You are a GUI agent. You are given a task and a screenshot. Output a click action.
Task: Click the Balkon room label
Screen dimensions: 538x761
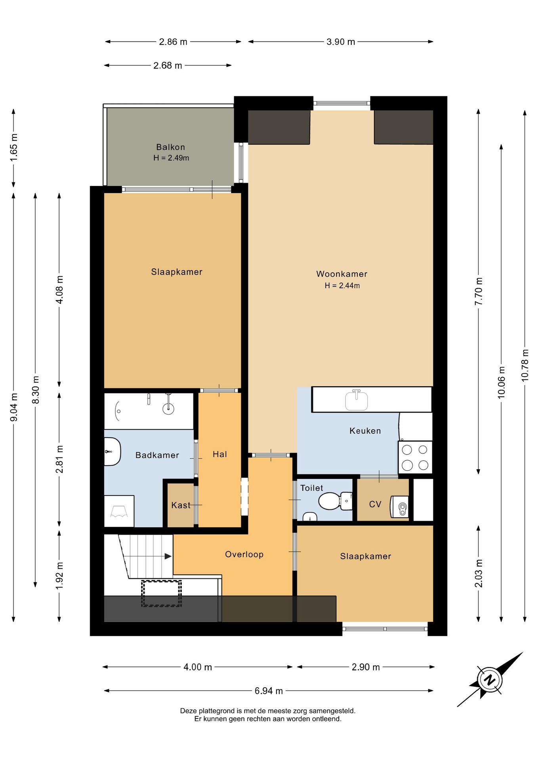(170, 147)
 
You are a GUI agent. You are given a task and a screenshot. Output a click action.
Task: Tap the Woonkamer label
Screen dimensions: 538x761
(341, 274)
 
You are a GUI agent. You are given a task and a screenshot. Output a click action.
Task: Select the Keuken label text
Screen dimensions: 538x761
(365, 431)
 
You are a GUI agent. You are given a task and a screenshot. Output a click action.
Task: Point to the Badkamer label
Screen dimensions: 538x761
(157, 455)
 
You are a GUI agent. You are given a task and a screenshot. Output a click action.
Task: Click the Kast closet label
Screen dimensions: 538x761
(181, 505)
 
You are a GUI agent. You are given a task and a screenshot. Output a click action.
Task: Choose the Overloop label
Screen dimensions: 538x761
(244, 554)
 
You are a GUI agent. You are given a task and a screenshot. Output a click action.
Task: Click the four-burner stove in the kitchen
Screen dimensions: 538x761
(415, 457)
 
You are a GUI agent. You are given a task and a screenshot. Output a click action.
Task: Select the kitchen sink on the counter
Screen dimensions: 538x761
(357, 400)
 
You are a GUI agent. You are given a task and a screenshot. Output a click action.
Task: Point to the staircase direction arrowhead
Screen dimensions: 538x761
(168, 556)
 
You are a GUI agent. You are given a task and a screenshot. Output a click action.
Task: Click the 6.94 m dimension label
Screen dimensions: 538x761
(269, 691)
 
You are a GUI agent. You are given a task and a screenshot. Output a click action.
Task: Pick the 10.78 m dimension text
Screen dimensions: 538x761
(525, 365)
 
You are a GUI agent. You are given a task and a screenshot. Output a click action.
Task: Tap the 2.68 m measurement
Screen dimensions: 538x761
(168, 65)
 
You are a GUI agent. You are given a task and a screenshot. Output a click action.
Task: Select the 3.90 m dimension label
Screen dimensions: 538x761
(341, 42)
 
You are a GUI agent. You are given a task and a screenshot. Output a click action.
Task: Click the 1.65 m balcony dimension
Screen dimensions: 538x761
(14, 147)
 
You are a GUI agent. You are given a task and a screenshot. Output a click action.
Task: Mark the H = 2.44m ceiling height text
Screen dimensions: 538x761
(342, 285)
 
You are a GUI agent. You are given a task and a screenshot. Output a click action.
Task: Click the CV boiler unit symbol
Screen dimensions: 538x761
(400, 507)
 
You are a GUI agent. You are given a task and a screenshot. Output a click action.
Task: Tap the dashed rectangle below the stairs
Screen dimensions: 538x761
(162, 593)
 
